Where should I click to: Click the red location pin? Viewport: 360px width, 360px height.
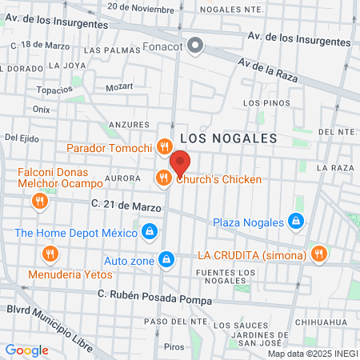point(180,163)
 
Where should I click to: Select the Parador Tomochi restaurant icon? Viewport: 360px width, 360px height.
point(164,146)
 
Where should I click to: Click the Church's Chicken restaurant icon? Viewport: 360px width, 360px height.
point(162,178)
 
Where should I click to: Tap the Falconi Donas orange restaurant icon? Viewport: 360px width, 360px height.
point(38,202)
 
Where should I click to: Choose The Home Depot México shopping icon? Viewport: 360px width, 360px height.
point(148,233)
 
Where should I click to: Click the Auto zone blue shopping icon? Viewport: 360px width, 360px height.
point(166,259)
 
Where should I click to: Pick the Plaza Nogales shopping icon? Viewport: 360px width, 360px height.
point(296,221)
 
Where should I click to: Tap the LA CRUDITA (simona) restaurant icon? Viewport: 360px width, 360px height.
point(319,254)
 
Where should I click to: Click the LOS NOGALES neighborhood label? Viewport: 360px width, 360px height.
point(228,138)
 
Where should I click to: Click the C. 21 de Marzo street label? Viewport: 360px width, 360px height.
point(126,206)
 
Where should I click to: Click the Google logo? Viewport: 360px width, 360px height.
point(27,350)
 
